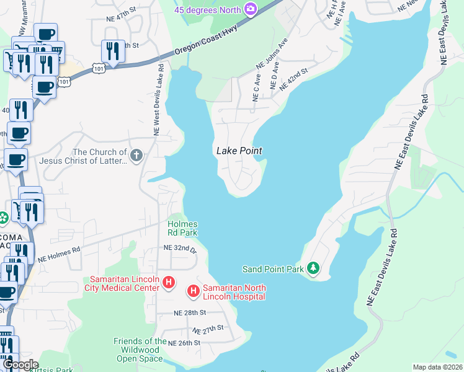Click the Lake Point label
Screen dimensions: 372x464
[x=239, y=151]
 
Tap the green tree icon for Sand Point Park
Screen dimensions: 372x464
[x=315, y=268]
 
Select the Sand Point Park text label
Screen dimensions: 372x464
[x=273, y=269]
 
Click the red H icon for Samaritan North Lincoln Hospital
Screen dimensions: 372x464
[x=193, y=290]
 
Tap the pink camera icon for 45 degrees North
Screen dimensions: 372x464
[x=251, y=9]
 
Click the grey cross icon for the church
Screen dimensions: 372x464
[x=136, y=154]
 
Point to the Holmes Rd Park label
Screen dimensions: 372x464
[x=182, y=228]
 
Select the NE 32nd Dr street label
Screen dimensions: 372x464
[x=179, y=248]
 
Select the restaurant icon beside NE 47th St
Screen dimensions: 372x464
[x=113, y=51]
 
